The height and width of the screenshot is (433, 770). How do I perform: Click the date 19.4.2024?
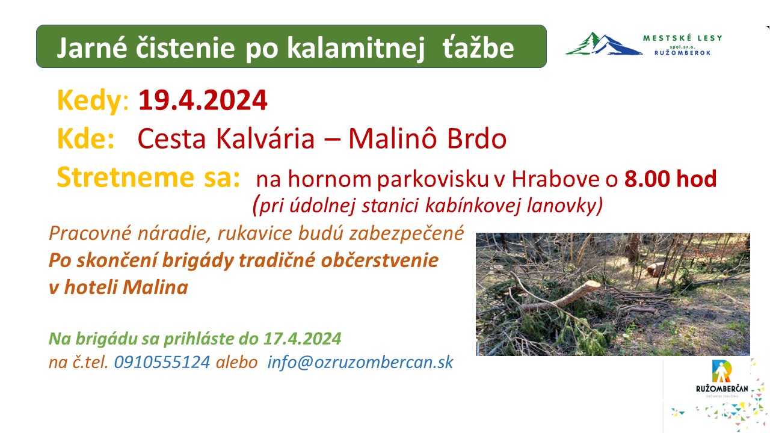(203, 100)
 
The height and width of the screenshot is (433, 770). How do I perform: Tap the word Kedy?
(90, 101)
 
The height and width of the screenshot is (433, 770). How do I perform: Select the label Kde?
(86, 138)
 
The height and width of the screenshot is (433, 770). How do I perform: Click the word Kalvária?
(265, 138)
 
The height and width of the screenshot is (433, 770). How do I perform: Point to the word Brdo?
(477, 138)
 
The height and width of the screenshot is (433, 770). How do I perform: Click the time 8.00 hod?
(671, 179)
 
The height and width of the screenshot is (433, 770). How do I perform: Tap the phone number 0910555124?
(162, 362)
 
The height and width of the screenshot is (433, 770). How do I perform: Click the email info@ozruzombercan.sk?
(360, 362)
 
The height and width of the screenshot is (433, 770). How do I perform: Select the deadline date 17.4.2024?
(303, 339)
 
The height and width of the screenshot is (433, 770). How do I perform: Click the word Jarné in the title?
(92, 48)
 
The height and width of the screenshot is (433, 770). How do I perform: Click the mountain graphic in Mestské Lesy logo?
(604, 44)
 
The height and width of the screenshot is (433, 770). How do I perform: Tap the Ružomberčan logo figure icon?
(721, 371)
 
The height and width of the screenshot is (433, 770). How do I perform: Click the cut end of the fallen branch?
(593, 285)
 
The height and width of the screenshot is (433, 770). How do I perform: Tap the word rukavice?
(254, 233)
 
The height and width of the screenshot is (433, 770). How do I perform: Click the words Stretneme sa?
(149, 177)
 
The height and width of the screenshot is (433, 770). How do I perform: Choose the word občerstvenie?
(380, 260)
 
